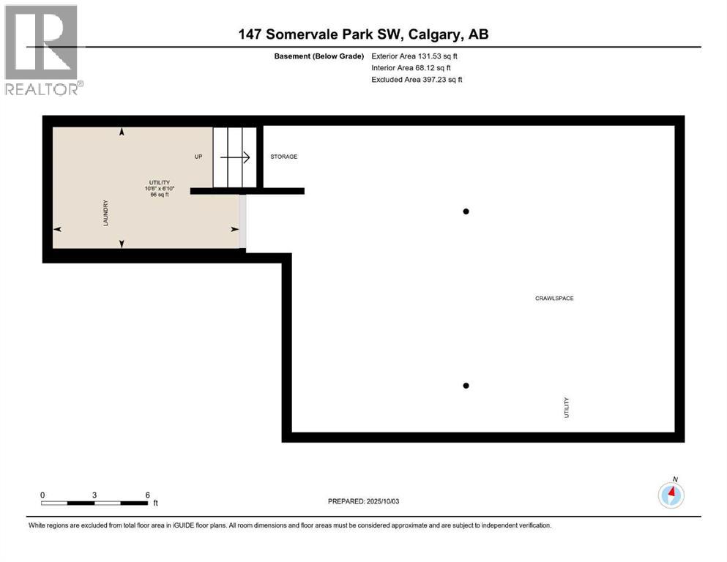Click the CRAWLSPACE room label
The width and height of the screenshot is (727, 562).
(x=553, y=299)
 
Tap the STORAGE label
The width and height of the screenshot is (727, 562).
(x=283, y=157)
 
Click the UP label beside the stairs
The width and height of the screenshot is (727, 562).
(x=198, y=157)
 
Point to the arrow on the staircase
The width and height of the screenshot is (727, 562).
(x=236, y=157)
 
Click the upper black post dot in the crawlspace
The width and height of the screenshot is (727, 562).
(x=465, y=211)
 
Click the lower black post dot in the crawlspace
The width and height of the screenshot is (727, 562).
(x=465, y=386)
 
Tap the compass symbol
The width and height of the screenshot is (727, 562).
(x=671, y=495)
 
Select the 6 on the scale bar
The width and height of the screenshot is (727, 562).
(x=147, y=495)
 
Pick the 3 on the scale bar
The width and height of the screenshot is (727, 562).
(x=94, y=495)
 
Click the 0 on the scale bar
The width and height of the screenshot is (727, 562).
(x=42, y=495)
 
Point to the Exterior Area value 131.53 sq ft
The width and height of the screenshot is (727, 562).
(x=437, y=56)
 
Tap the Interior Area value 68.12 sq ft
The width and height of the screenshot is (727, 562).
(x=435, y=67)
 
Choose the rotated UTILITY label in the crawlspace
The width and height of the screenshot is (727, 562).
(x=566, y=407)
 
